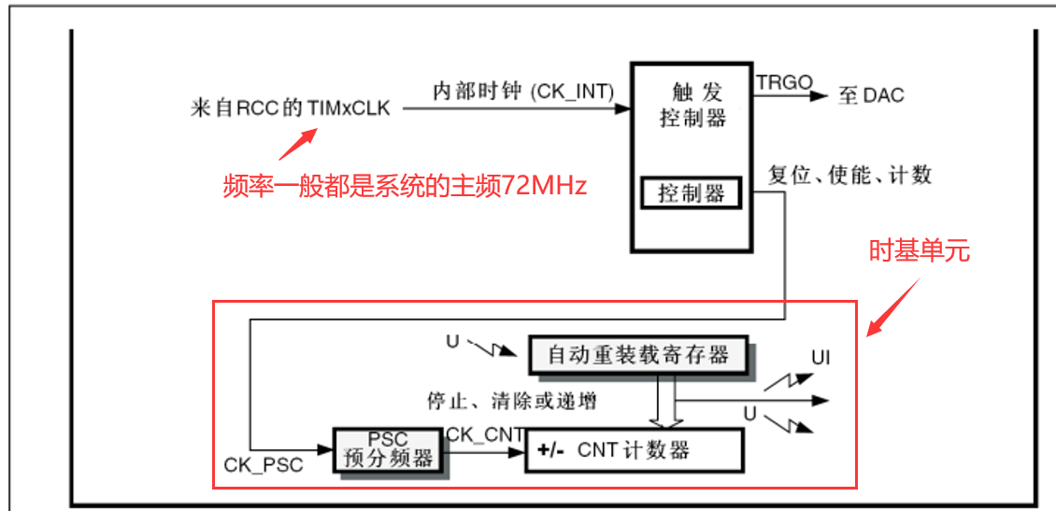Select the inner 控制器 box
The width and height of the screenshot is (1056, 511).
click(692, 193)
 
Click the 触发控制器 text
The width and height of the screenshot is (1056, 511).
click(692, 105)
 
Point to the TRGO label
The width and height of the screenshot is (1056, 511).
click(784, 82)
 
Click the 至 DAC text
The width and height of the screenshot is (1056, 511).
click(871, 95)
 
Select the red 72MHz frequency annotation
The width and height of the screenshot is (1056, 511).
click(405, 186)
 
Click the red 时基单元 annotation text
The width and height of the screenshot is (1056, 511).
click(920, 250)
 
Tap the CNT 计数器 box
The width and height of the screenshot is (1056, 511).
click(634, 450)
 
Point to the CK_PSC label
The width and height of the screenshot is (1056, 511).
click(264, 463)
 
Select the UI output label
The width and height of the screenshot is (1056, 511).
click(821, 358)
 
